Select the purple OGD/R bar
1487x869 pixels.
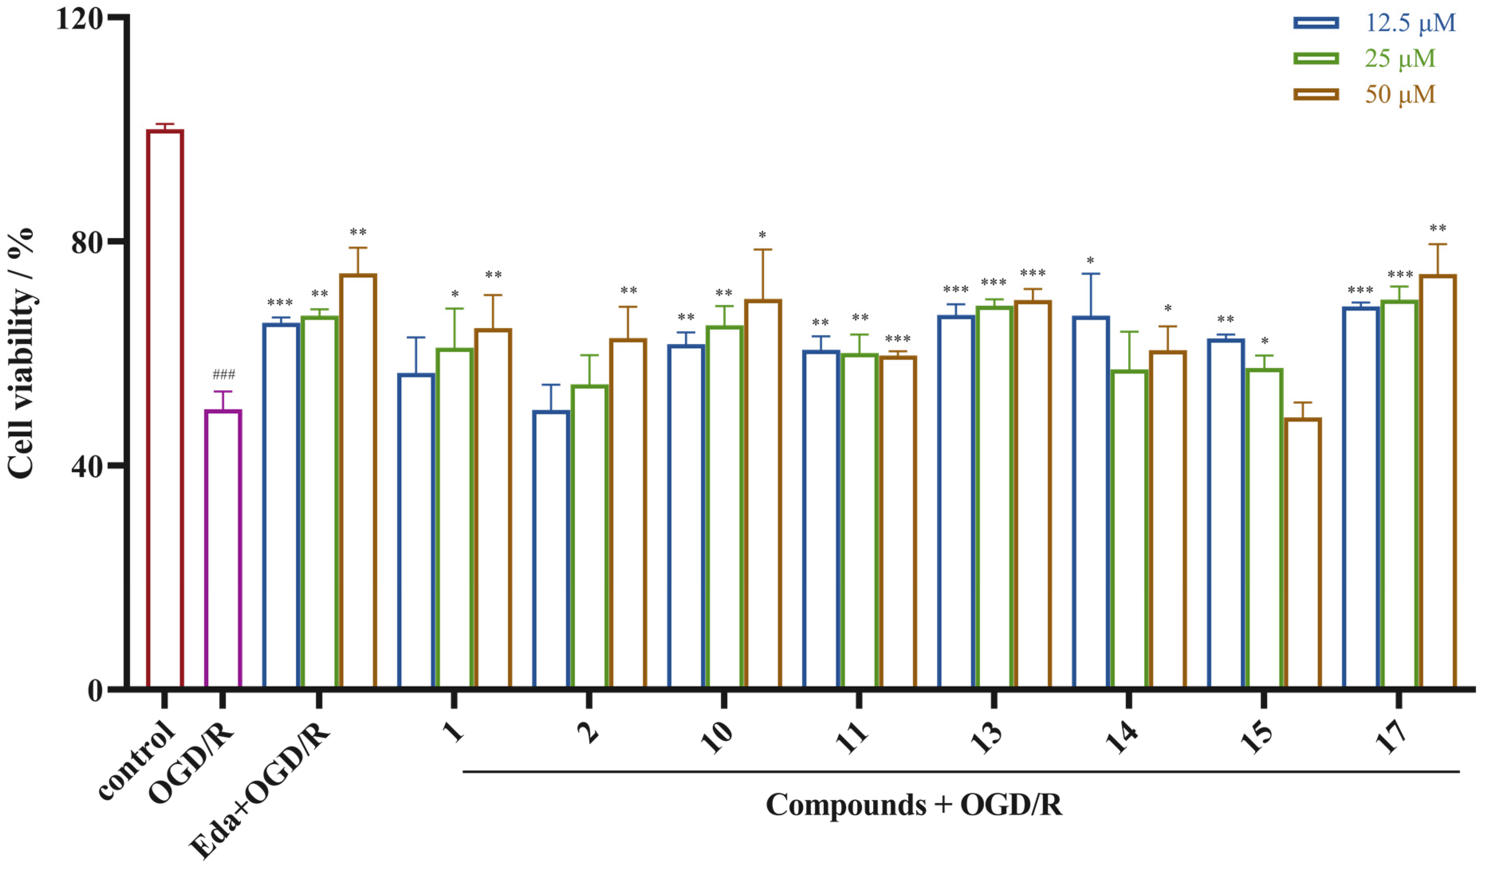click(223, 549)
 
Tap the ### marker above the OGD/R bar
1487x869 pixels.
click(224, 375)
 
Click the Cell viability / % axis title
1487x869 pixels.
click(21, 354)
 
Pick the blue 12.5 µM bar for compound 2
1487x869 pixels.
click(551, 549)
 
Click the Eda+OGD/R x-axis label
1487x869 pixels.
click(260, 791)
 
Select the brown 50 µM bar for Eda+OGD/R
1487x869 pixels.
click(358, 481)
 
